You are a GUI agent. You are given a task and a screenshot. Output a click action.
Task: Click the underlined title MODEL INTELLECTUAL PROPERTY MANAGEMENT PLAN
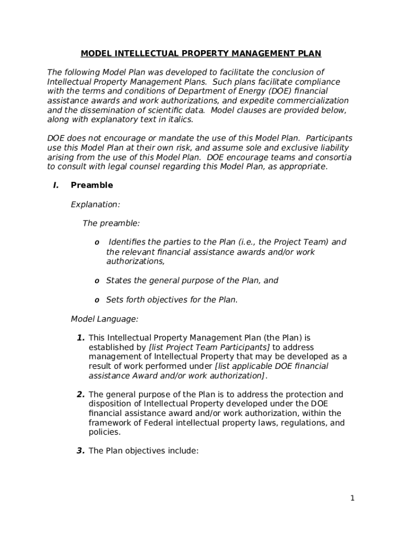coord(201,53)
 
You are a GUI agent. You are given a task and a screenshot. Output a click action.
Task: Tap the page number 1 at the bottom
coord(352,498)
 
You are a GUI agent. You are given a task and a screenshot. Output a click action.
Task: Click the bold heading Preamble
coord(91,185)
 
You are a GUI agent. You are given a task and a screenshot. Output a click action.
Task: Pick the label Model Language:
coord(104,318)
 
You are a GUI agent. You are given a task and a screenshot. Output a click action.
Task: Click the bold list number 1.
coord(81,338)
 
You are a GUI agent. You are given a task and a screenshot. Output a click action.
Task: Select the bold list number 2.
coord(81,394)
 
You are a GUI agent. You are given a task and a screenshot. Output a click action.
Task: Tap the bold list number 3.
coord(81,451)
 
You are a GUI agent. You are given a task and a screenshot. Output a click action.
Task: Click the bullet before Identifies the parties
coord(97,242)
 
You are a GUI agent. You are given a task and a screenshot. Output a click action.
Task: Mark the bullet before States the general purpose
coord(97,281)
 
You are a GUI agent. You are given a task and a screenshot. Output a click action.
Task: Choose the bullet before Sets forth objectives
coord(97,300)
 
